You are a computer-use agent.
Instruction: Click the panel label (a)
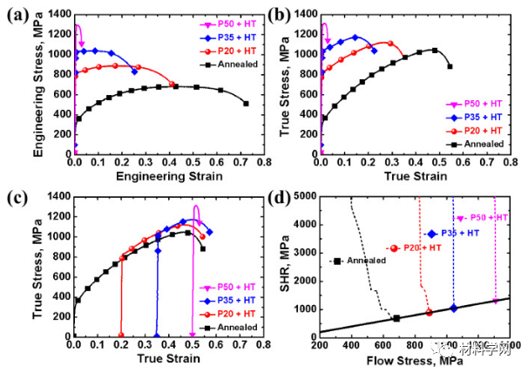[x=15, y=15]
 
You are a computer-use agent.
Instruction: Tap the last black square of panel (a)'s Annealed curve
[x=246, y=103]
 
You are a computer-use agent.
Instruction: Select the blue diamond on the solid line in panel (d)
[x=453, y=308]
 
